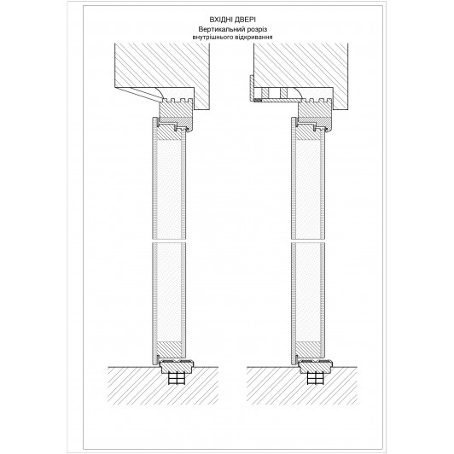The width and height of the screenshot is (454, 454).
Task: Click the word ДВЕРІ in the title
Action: coord(245,20)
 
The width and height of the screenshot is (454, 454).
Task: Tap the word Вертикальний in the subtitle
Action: coord(221,29)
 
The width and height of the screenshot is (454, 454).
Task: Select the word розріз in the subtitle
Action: coord(257,30)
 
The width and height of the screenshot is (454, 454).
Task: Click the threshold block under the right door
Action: coord(316,367)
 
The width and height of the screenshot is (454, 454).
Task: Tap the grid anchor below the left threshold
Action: coord(177,379)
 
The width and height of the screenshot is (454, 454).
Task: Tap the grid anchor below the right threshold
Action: coord(316,379)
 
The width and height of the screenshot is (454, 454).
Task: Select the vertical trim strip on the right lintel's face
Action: coord(252,88)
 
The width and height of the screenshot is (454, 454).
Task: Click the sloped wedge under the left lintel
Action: coord(138,94)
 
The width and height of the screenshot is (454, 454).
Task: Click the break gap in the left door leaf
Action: coord(169,241)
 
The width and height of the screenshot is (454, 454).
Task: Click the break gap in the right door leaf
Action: coord(308,241)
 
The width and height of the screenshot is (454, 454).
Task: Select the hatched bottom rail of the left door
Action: coord(169,348)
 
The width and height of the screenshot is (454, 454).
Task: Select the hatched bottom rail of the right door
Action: coord(308,348)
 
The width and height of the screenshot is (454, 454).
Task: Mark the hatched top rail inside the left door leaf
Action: coord(168,132)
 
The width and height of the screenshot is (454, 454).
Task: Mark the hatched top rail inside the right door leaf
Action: coord(307,132)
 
